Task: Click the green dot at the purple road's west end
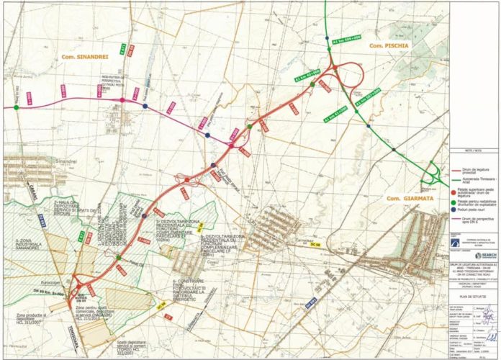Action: pos(14,108)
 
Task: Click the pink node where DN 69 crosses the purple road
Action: pos(122,99)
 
